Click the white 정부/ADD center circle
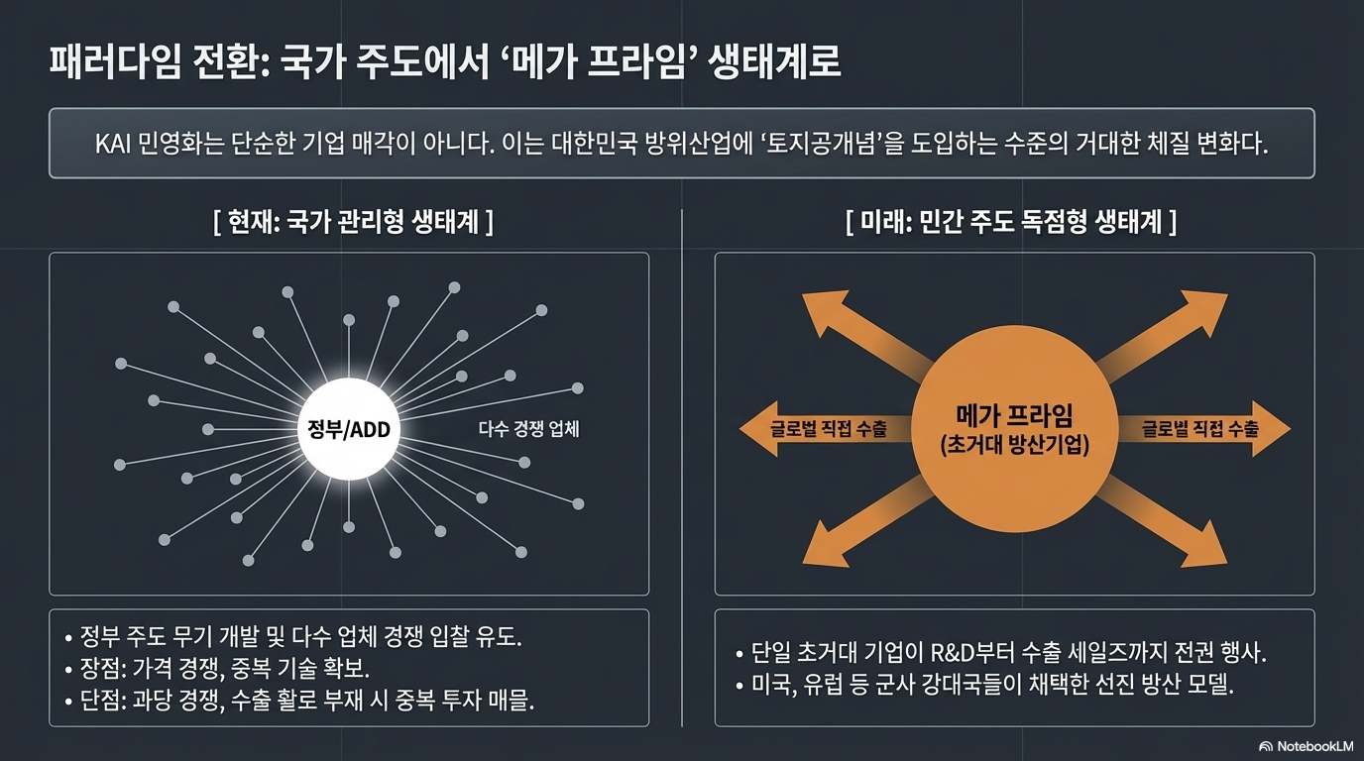pos(349,429)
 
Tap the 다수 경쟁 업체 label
pos(528,429)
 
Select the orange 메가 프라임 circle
pos(1013,430)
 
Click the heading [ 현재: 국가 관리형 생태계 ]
pos(353,222)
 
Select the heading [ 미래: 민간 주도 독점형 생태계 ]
pos(1012,222)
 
